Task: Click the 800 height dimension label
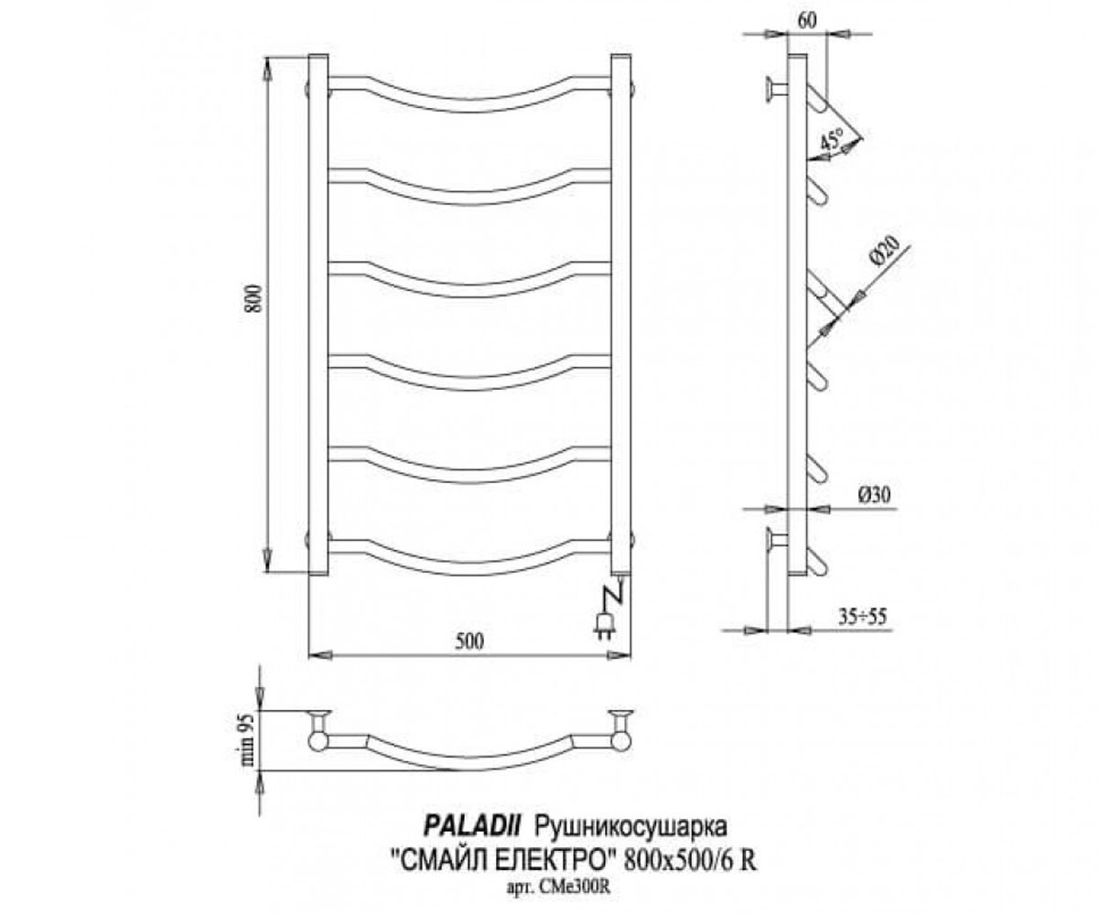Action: click(254, 298)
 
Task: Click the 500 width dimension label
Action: click(468, 641)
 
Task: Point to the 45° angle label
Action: click(833, 139)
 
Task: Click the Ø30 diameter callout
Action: click(875, 495)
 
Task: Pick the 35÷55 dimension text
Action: click(863, 616)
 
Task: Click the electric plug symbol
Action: click(604, 625)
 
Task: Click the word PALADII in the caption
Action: click(470, 827)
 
